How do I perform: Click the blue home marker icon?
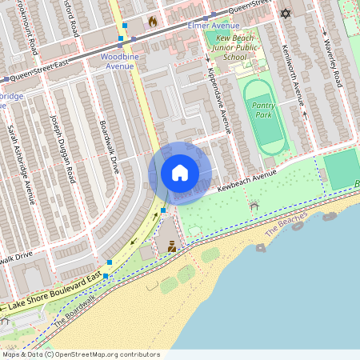click(x=180, y=173)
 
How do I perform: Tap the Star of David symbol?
click(x=286, y=13)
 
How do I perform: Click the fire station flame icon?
click(x=152, y=22)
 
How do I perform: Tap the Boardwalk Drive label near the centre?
click(x=110, y=147)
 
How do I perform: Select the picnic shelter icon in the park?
click(x=254, y=206)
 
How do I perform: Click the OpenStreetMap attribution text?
click(x=80, y=354)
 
